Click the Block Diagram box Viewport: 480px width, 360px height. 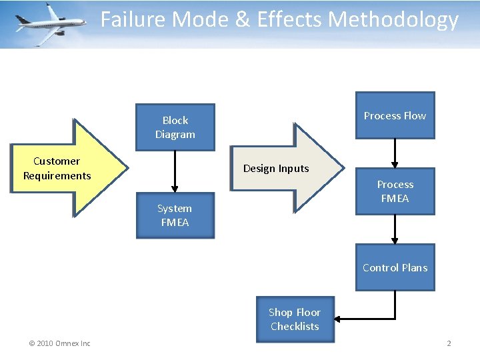pyautogui.click(x=175, y=127)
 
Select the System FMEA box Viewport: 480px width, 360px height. pyautogui.click(x=175, y=215)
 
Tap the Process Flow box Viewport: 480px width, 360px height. pyautogui.click(x=395, y=115)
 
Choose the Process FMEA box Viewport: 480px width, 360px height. pyautogui.click(x=395, y=191)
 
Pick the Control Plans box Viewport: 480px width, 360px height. pyautogui.click(x=395, y=267)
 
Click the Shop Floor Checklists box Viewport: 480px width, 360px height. pyautogui.click(x=295, y=319)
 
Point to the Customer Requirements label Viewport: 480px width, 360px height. pyautogui.click(x=57, y=169)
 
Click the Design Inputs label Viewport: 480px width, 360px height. pyautogui.click(x=276, y=169)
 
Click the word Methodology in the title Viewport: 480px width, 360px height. pyautogui.click(x=393, y=20)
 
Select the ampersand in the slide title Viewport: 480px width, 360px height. pyautogui.click(x=242, y=20)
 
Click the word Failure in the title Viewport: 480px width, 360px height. pyautogui.click(x=133, y=20)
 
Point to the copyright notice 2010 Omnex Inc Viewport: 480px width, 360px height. pyautogui.click(x=59, y=343)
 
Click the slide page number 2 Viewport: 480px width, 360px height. pyautogui.click(x=449, y=343)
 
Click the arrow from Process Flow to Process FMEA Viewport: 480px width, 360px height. pyautogui.click(x=395, y=153)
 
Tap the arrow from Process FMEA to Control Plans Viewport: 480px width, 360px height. pyautogui.click(x=395, y=229)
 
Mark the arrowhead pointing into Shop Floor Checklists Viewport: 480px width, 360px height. pyautogui.click(x=337, y=319)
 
